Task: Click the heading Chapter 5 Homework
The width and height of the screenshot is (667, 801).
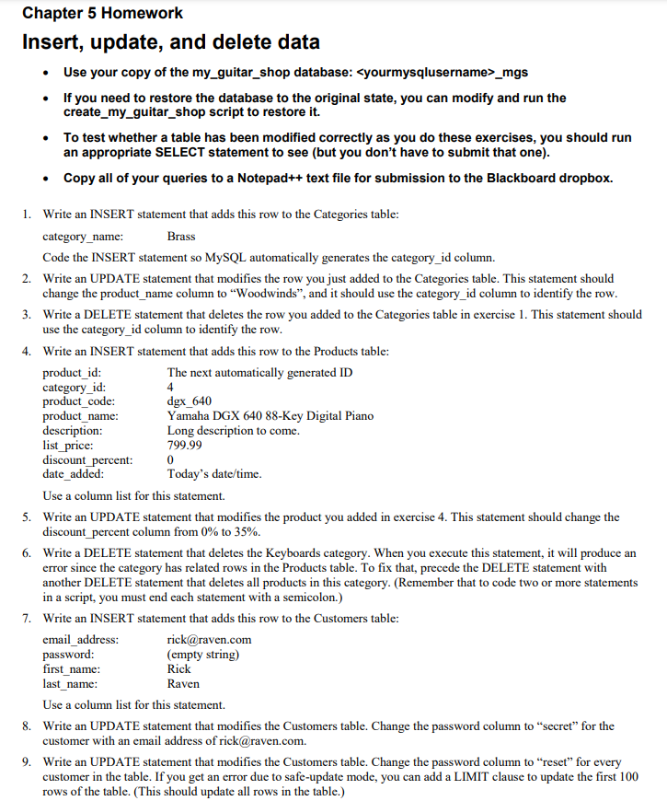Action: (102, 13)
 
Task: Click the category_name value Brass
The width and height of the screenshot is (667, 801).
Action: (181, 237)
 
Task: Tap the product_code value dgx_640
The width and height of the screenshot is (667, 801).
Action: (189, 400)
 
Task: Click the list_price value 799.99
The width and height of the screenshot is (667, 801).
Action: (185, 445)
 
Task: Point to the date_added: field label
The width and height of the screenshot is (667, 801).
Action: (74, 474)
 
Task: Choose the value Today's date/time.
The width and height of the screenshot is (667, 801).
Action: (214, 474)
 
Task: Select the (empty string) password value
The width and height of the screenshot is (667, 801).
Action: (203, 655)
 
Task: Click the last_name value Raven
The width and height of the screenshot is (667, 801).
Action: (183, 684)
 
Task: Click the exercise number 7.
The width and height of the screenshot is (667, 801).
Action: (27, 618)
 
